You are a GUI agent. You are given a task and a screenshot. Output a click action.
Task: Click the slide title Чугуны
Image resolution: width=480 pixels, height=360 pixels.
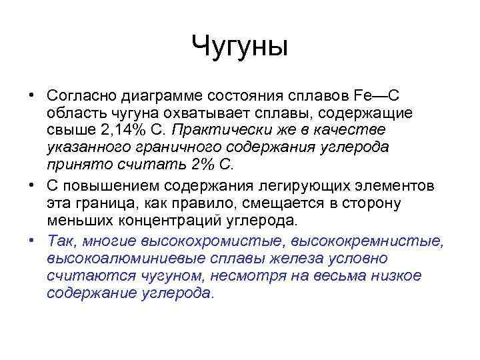(239, 47)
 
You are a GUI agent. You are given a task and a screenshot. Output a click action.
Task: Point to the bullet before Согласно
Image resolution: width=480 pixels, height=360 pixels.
(31, 94)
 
